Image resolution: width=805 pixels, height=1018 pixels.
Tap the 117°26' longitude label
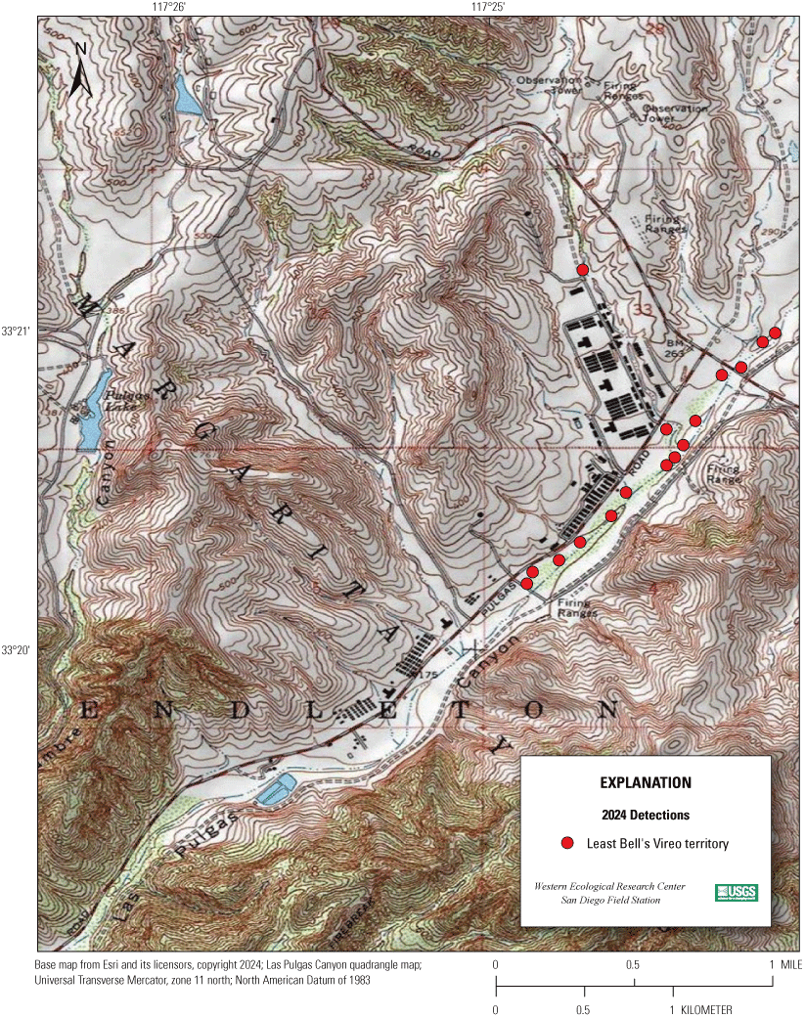[168, 7]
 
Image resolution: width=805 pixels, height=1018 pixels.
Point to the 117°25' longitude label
[487, 7]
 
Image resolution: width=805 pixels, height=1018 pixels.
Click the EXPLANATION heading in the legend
[645, 783]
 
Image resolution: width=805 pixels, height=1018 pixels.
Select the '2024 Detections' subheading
[645, 815]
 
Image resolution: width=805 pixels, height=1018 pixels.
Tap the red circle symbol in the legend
[566, 843]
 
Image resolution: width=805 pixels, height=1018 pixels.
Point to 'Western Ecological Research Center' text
[609, 886]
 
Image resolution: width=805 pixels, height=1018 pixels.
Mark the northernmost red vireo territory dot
[582, 269]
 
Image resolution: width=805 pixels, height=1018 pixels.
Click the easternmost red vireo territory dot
[775, 332]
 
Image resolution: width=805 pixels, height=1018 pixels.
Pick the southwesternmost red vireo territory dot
[526, 584]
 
